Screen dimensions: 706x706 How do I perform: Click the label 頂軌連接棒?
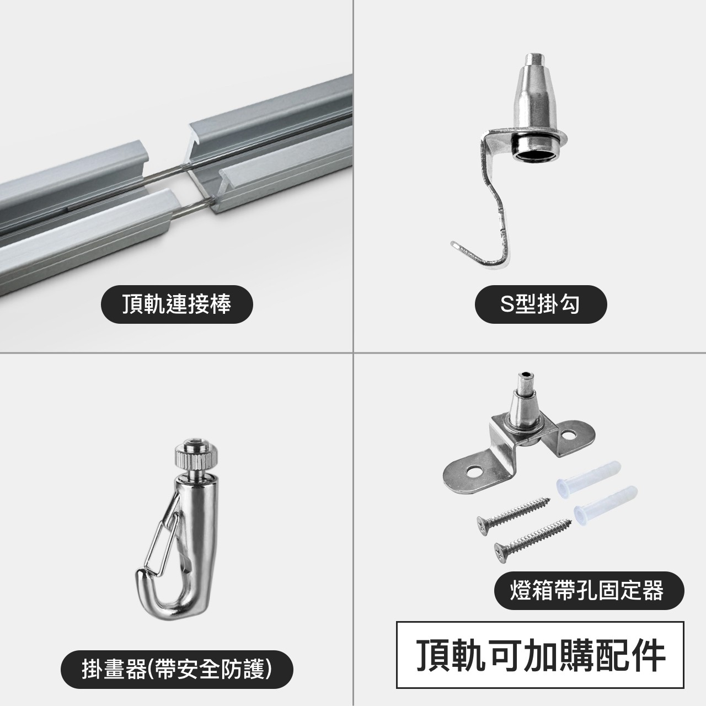click(176, 304)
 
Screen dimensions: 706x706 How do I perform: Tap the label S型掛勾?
click(541, 304)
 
